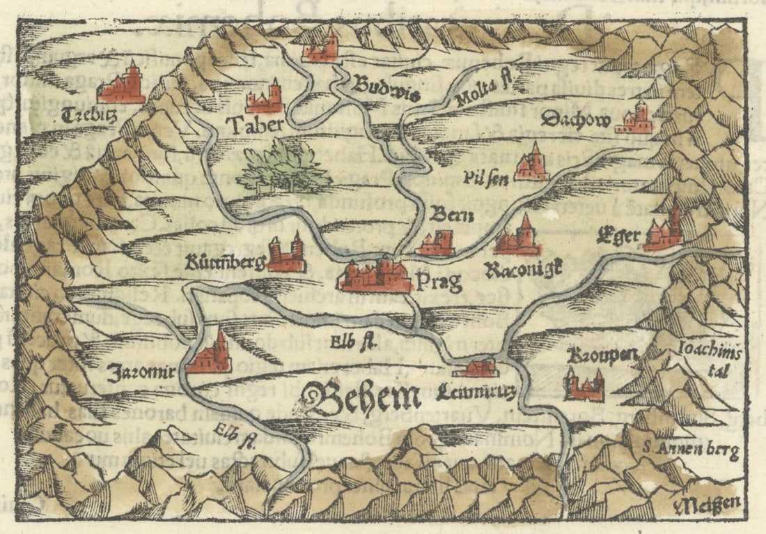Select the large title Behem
click(362, 398)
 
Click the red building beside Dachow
click(635, 119)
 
